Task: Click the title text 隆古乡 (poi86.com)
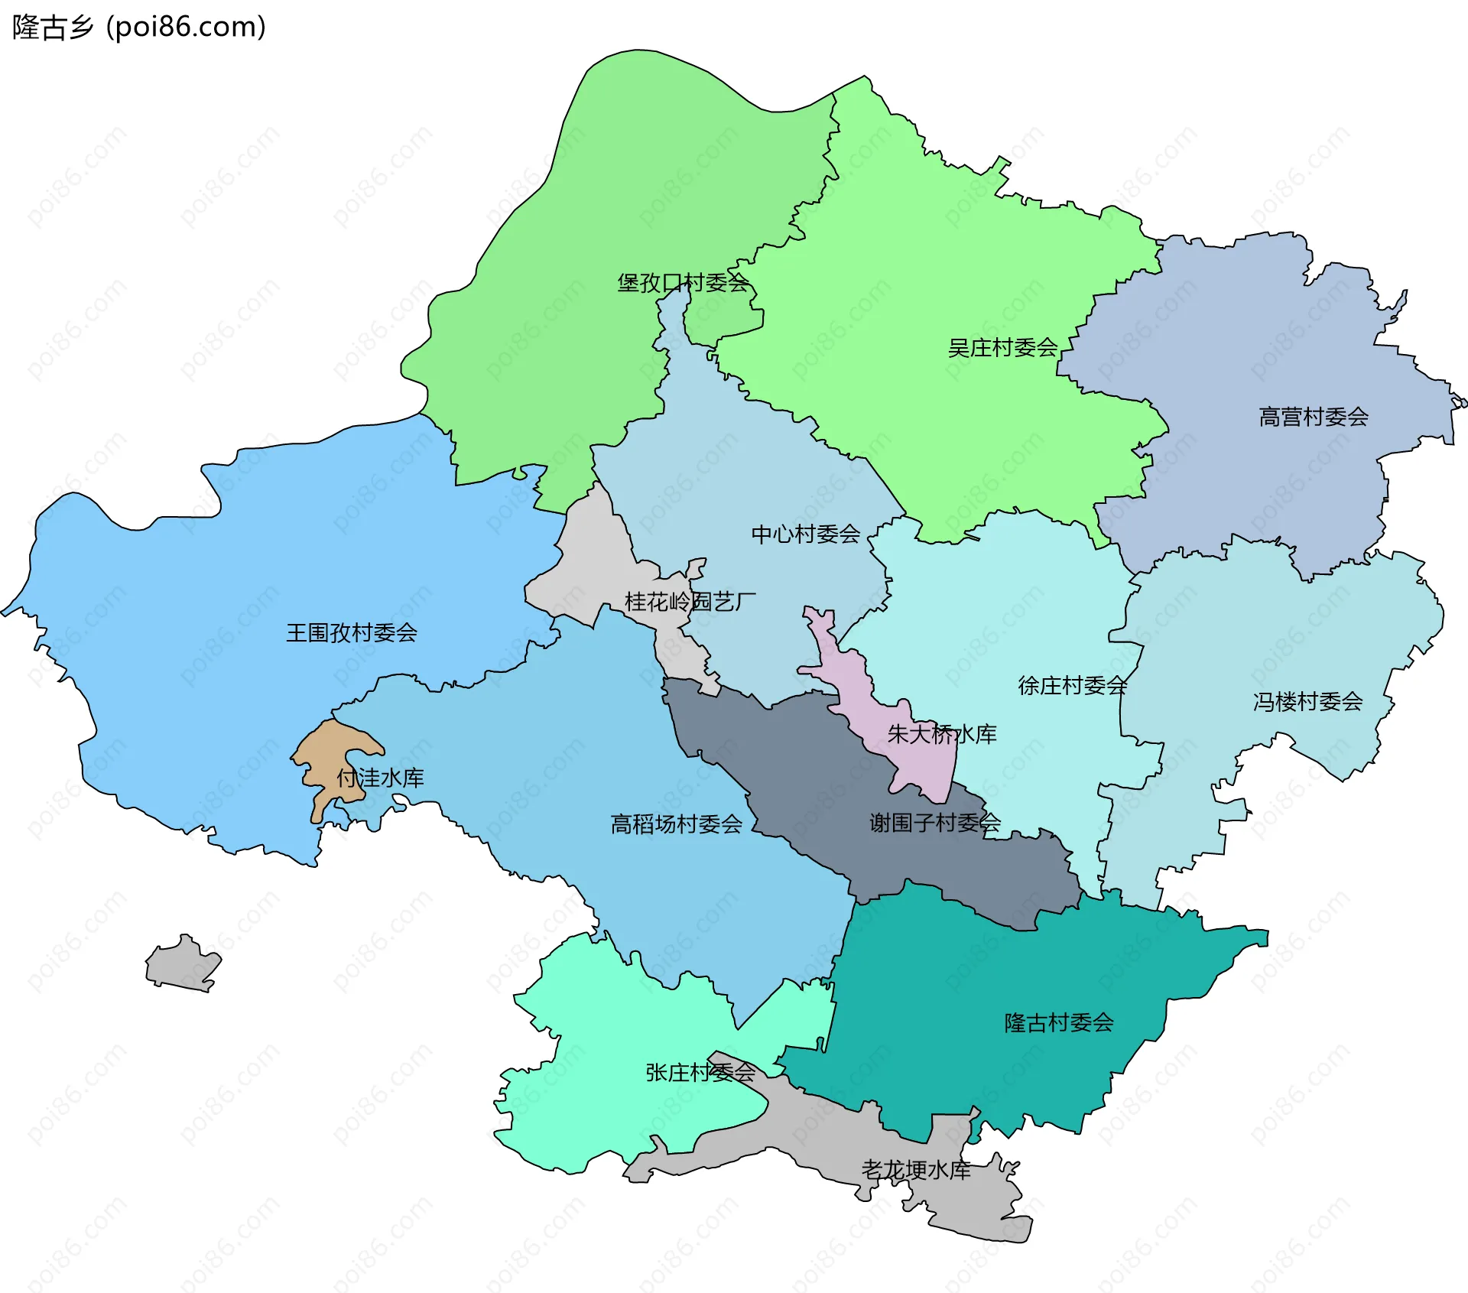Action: coord(139,27)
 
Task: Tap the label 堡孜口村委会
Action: coord(683,283)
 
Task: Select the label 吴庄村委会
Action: coord(1002,348)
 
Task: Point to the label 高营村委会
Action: coord(1313,417)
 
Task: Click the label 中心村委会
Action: coord(805,534)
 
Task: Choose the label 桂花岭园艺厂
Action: coord(690,602)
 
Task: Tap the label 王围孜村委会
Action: coord(351,632)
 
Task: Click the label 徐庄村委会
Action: coord(1072,685)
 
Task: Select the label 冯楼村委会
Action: coord(1307,701)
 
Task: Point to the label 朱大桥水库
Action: coord(941,734)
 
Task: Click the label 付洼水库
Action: coord(380,778)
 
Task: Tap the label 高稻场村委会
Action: coord(676,824)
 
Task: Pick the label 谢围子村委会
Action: coord(934,823)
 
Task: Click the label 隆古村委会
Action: coord(1058,1022)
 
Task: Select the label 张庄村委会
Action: coord(700,1072)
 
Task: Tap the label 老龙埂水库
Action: coord(915,1170)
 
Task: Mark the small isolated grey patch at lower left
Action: coord(182,965)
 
